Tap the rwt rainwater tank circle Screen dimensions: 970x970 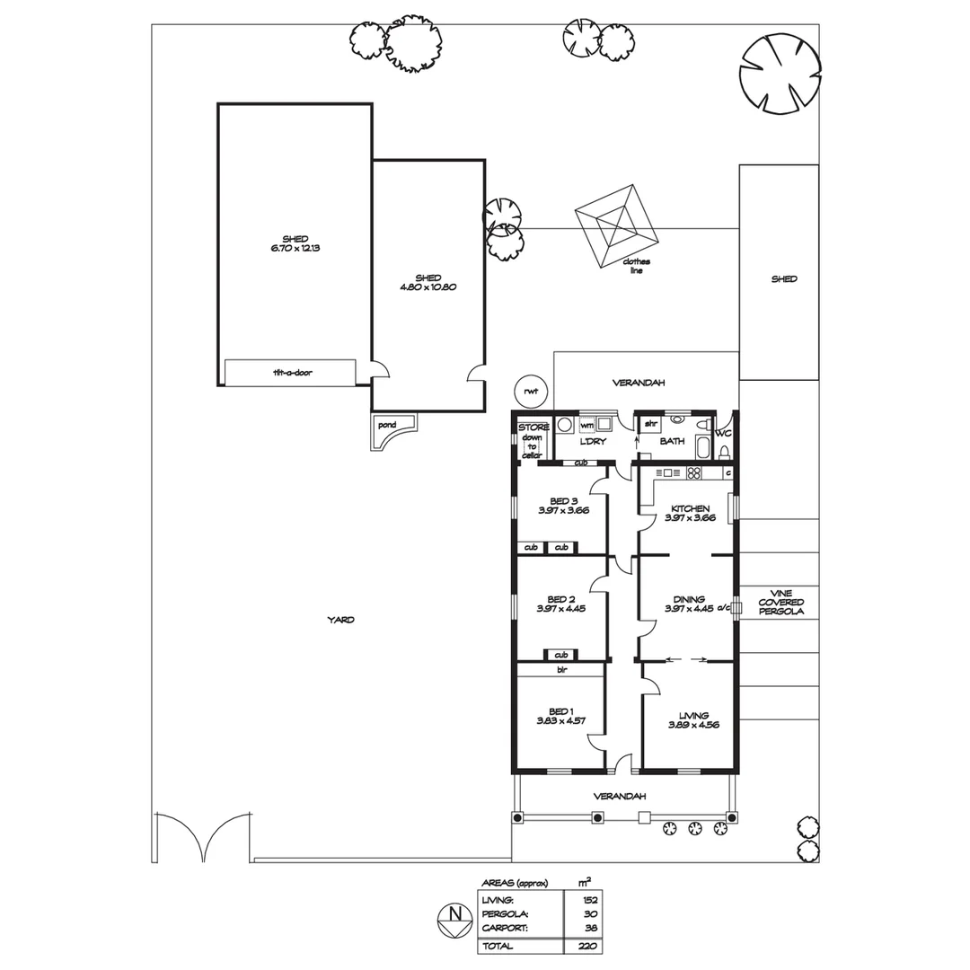pos(531,391)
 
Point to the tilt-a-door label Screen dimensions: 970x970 pos(291,372)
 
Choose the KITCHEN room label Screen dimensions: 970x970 pos(689,508)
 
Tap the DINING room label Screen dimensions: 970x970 pos(684,599)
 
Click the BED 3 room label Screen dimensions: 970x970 pos(563,501)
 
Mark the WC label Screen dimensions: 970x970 pos(723,433)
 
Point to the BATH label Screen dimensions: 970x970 pos(672,441)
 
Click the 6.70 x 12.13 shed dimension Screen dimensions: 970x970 pos(295,247)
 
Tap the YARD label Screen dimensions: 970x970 pos(339,620)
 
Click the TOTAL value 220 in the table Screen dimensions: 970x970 pos(589,946)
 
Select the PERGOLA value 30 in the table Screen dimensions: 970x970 pos(589,913)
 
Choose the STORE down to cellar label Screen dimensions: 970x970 pos(533,441)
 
